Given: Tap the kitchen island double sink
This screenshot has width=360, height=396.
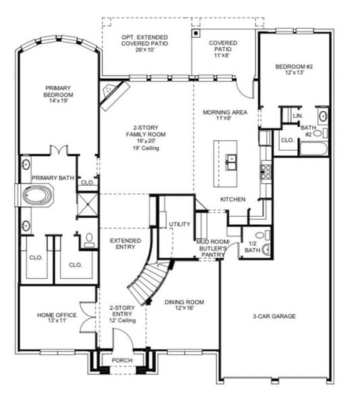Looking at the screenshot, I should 232,161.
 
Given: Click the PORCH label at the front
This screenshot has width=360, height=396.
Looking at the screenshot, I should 121,360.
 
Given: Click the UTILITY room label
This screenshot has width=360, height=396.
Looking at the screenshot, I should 180,224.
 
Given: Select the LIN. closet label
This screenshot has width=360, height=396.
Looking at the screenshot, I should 298,116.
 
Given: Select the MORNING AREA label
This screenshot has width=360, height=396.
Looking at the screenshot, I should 225,115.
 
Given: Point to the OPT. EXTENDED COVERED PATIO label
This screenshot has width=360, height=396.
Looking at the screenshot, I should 146,41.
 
